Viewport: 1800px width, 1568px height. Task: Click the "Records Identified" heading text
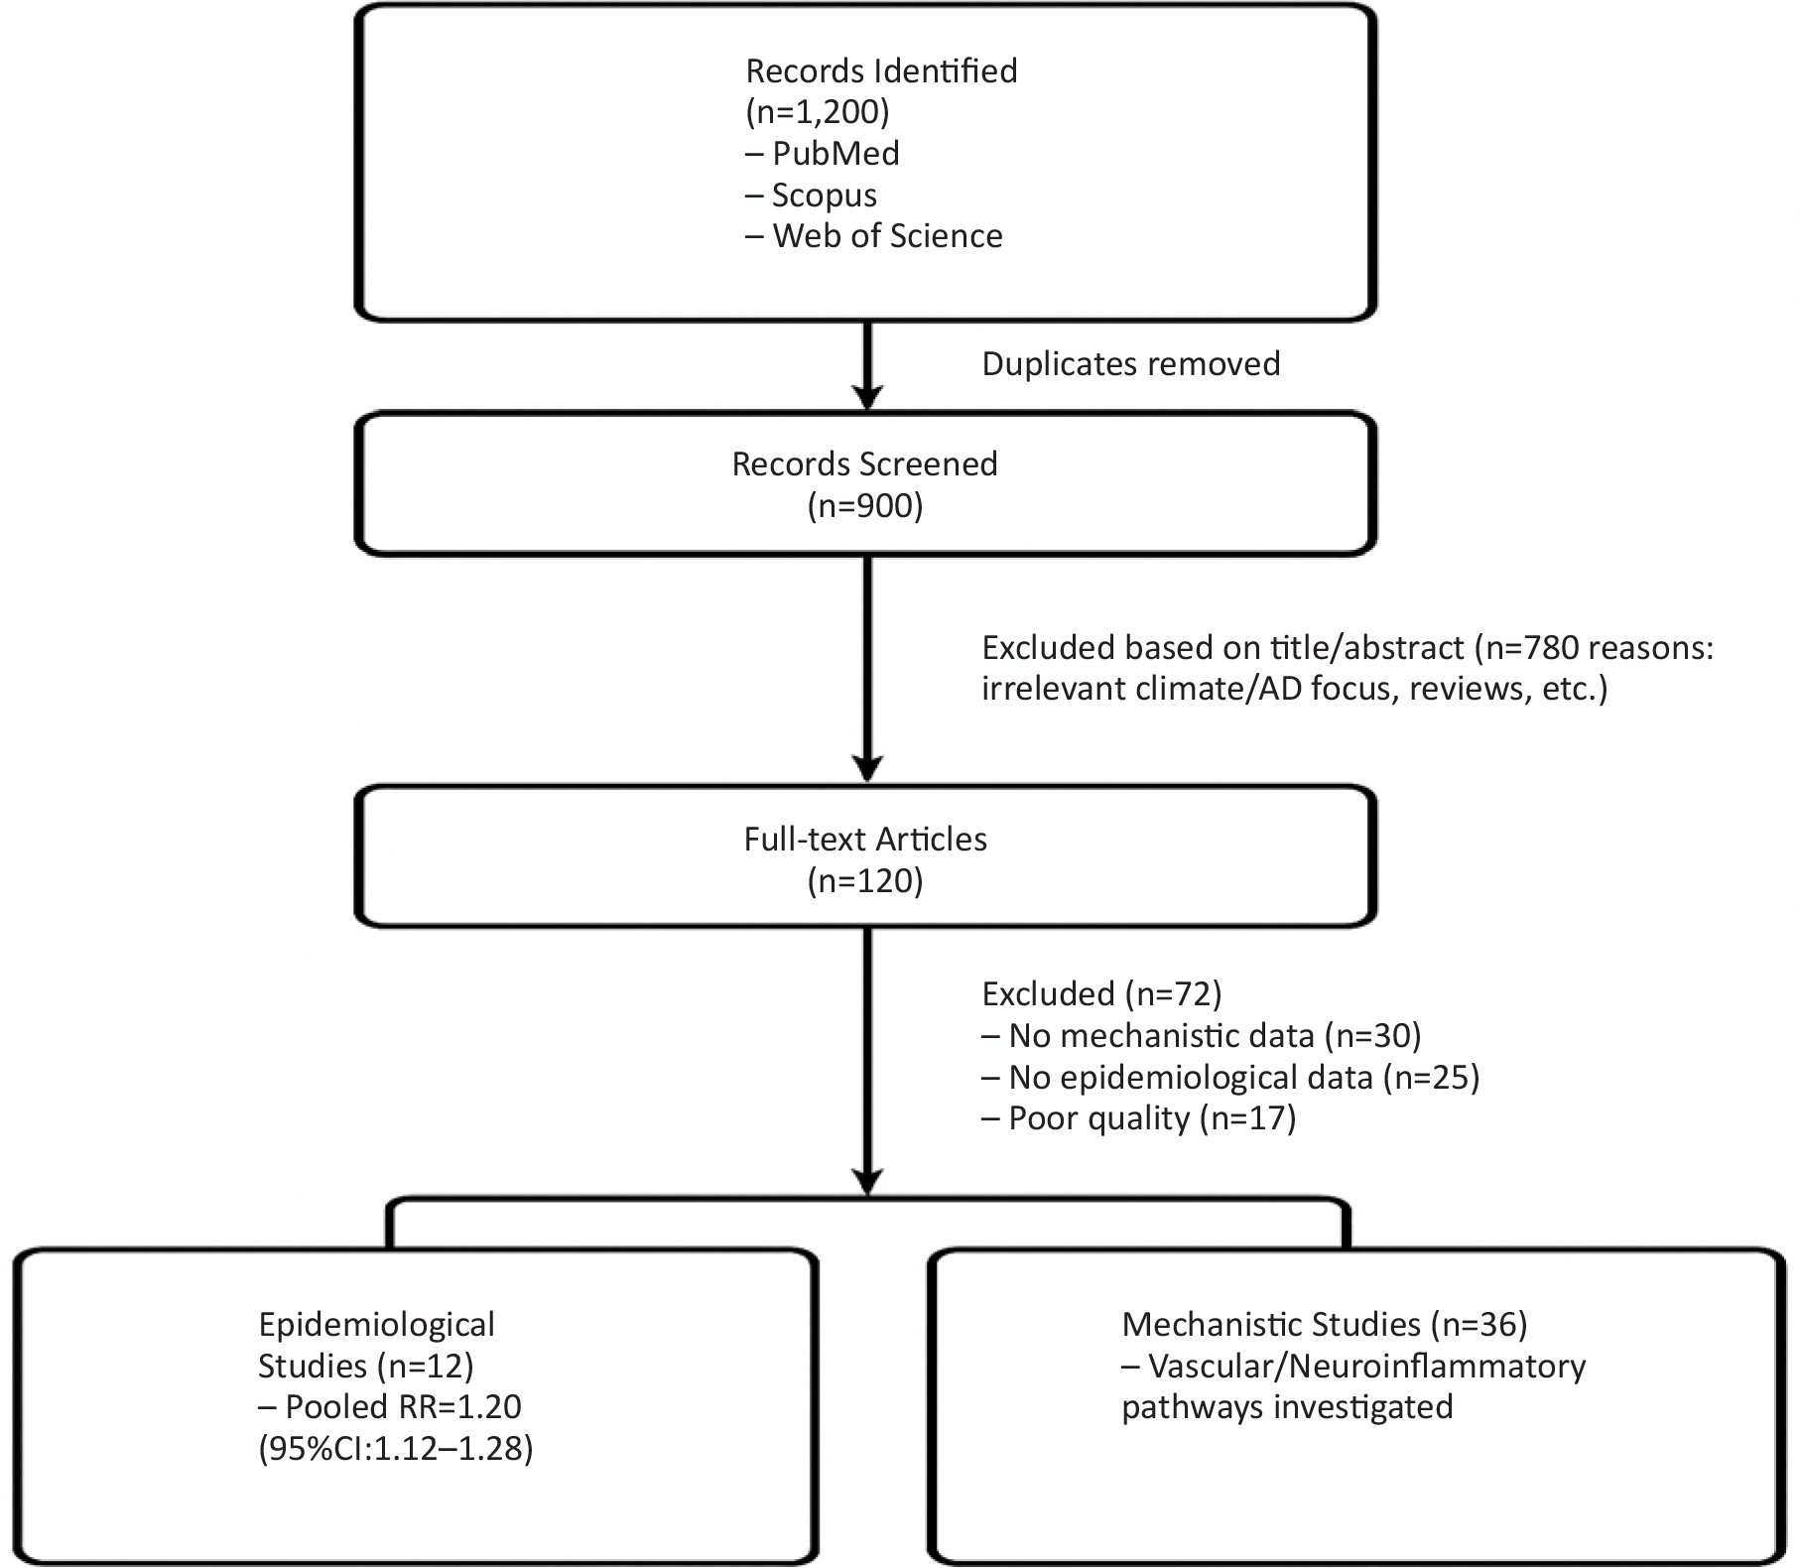[881, 71]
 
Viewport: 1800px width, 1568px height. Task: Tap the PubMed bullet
[823, 154]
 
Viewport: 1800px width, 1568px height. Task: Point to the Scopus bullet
[812, 196]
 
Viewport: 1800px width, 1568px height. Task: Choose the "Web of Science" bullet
[874, 236]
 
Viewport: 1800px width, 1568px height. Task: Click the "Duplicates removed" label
[1131, 364]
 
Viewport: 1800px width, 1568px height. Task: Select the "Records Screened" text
[865, 464]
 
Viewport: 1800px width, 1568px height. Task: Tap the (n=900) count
[865, 506]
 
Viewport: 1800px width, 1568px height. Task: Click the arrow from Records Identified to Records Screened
[868, 365]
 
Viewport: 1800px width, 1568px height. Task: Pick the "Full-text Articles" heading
[865, 840]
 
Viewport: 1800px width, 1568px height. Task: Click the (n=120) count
[865, 881]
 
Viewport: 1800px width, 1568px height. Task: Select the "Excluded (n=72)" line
[1101, 994]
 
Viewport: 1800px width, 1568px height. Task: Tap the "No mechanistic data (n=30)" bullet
[1202, 1036]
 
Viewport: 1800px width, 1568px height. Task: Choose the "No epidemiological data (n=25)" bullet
[1230, 1078]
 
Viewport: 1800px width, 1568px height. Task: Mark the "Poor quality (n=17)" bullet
[1139, 1119]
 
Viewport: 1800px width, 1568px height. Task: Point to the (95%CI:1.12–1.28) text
[396, 1449]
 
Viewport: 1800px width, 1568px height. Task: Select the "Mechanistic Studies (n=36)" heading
[1325, 1325]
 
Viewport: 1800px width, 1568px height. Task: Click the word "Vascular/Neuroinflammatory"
[1367, 1367]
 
